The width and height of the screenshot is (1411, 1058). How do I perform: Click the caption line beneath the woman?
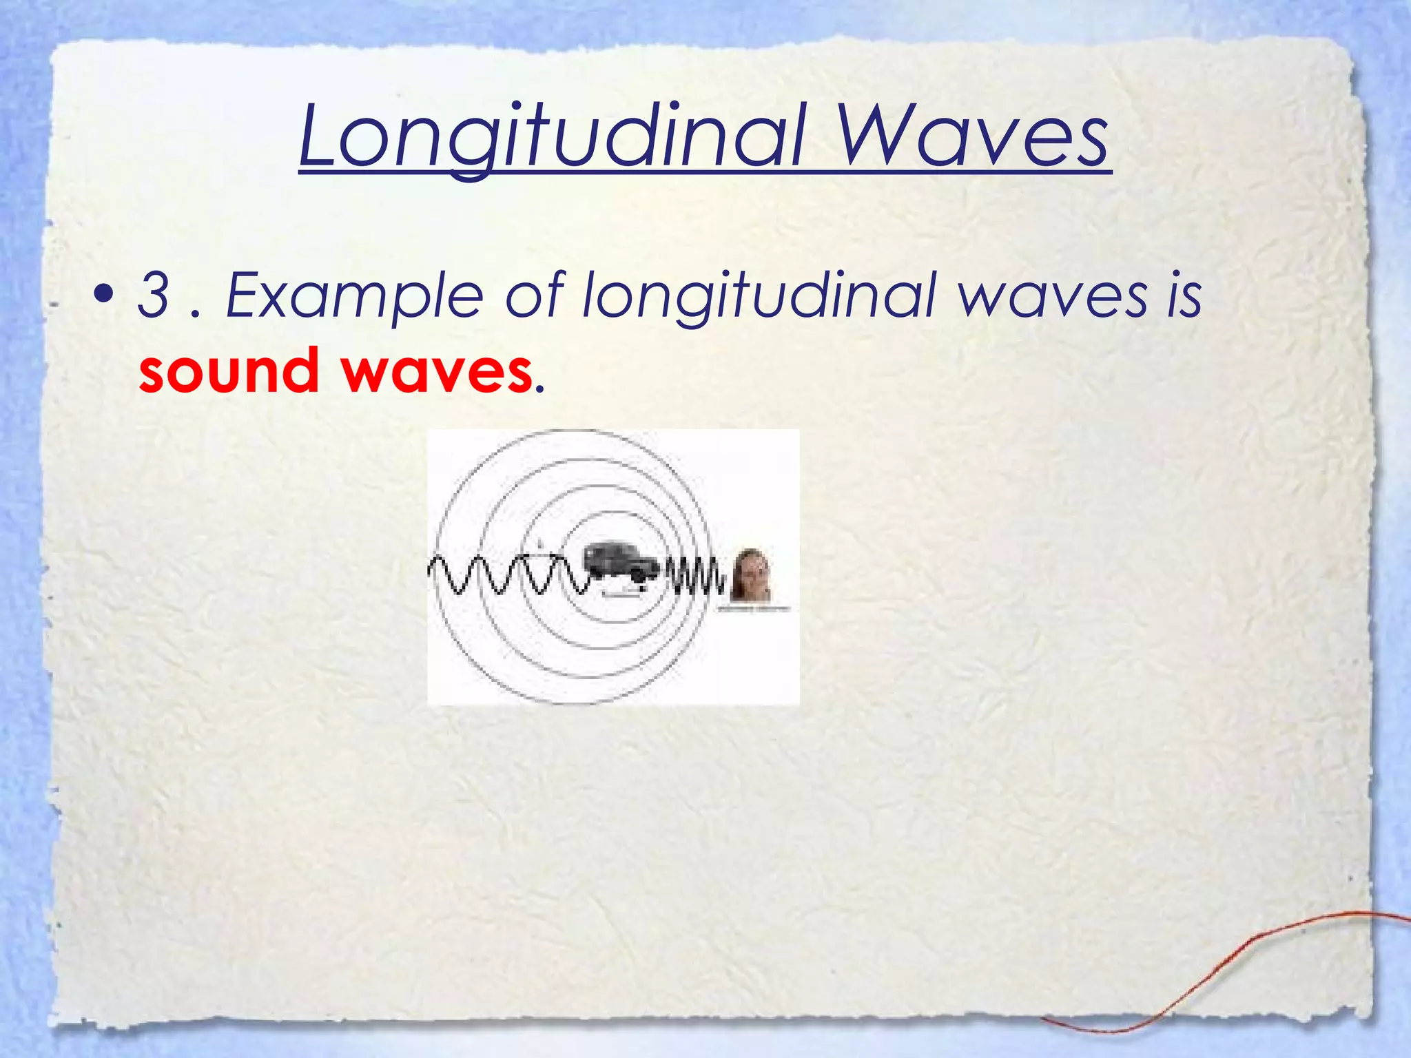coord(754,609)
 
